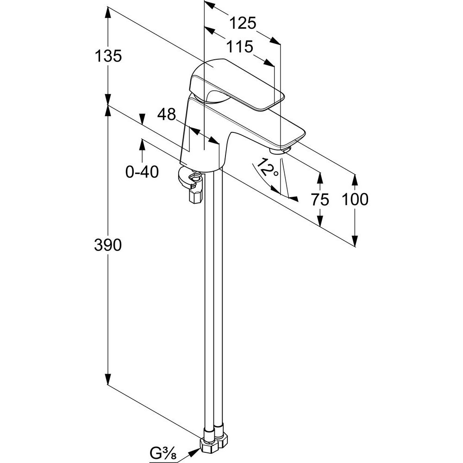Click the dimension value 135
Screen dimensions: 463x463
tap(108, 56)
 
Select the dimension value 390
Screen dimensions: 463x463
tap(108, 245)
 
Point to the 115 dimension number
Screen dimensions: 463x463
tap(239, 47)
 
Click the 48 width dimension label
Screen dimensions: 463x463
tap(167, 114)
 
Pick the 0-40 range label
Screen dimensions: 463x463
tap(142, 172)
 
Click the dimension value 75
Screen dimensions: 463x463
tap(319, 200)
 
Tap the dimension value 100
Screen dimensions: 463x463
tap(355, 200)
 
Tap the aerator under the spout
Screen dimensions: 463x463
tap(279, 150)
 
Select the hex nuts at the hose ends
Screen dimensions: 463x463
tap(213, 445)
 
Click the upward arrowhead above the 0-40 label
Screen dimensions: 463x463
tap(142, 144)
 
